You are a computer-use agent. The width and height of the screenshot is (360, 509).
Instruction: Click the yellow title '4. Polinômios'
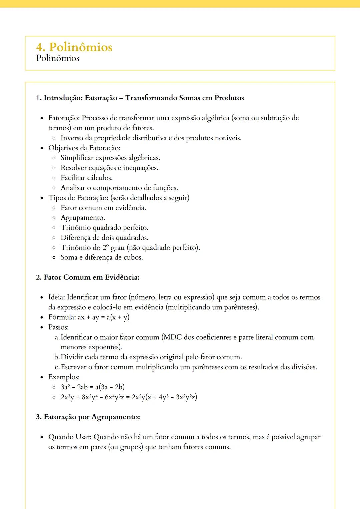point(74,47)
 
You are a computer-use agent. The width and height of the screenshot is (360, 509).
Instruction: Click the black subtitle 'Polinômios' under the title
point(58,58)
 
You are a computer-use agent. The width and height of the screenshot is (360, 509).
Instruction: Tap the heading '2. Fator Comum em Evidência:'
point(88,277)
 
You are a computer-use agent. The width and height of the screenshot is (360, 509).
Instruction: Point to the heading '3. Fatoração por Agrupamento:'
point(88,417)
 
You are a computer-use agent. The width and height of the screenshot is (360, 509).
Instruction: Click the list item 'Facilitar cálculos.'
point(87,178)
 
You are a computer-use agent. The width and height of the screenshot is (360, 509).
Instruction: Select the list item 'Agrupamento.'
point(83,218)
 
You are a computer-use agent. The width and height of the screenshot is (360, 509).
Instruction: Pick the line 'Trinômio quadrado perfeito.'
point(104,228)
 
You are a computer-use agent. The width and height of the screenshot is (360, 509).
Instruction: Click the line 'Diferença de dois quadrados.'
point(104,238)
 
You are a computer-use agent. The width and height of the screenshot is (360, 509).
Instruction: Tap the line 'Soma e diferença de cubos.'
point(102,257)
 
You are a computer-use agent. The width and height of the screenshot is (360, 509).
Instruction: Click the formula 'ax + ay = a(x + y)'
point(104,317)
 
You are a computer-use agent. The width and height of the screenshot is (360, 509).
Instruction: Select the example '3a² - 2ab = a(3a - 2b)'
point(93,387)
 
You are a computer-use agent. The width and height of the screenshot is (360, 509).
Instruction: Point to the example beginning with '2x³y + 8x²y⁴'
point(129,397)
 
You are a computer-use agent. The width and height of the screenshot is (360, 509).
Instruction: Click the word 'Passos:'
point(59,327)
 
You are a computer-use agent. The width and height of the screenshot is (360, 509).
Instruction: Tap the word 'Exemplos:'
point(64,377)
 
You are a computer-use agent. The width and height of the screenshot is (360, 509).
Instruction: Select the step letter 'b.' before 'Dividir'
point(57,357)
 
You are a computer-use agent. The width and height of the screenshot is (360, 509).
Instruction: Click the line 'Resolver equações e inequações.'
point(109,168)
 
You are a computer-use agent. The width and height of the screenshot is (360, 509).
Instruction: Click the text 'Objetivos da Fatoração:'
point(84,148)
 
